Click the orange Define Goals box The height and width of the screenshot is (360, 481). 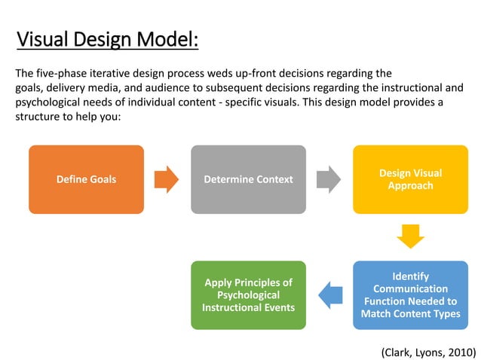86,179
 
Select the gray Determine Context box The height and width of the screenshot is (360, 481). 248,179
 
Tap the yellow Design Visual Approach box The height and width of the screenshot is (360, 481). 410,179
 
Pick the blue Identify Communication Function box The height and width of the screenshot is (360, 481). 410,295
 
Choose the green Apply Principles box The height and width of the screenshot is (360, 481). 248,295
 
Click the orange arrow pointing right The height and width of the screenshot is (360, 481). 167,179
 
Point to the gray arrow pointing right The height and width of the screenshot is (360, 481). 329,179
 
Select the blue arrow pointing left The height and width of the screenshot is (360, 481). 329,295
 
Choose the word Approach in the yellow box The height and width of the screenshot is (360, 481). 410,185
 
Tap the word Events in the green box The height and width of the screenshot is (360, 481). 278,307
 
